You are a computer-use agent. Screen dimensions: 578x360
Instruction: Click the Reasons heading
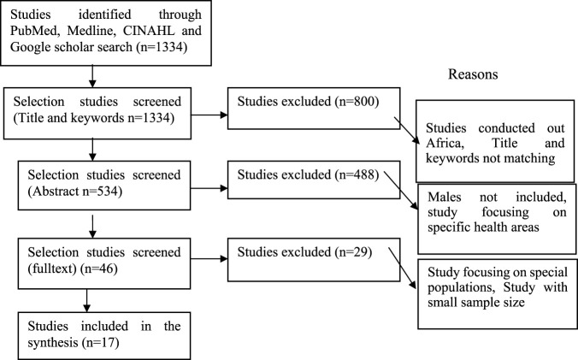[473, 74]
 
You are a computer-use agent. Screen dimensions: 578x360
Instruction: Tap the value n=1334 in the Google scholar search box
[162, 47]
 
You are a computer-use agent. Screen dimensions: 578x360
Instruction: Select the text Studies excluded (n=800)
[308, 102]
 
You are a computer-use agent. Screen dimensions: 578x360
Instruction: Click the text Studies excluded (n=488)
[308, 174]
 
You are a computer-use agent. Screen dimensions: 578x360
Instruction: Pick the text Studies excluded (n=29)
[304, 252]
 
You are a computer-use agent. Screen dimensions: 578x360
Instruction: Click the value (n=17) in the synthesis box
[100, 343]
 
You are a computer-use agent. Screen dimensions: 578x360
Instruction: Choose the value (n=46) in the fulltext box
[99, 269]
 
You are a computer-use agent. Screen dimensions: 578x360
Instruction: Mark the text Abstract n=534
[77, 192]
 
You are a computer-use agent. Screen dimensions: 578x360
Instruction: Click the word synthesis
[53, 343]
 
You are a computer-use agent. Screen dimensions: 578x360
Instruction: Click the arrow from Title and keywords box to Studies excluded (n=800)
[209, 115]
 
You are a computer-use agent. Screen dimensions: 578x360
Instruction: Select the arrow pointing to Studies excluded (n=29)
[209, 258]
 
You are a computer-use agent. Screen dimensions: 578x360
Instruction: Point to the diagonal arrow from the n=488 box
[401, 191]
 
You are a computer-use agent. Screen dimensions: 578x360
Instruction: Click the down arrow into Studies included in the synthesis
[87, 300]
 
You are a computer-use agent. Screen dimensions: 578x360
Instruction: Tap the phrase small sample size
[476, 303]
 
